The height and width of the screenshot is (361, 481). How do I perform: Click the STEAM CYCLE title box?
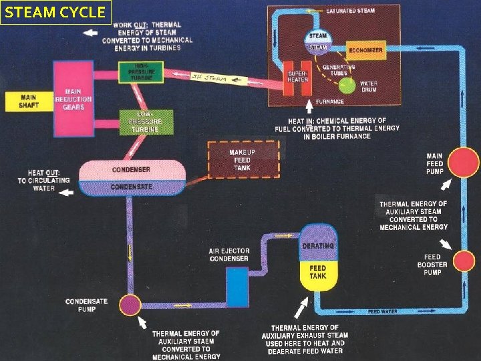(x=55, y=12)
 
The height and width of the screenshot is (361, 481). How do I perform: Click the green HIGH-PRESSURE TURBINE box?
(x=141, y=72)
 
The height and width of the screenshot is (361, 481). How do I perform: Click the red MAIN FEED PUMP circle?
(x=463, y=162)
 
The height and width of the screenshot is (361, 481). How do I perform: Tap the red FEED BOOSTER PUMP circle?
(x=462, y=259)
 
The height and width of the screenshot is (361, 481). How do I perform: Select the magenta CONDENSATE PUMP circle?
(x=130, y=306)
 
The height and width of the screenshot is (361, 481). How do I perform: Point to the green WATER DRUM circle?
(x=347, y=85)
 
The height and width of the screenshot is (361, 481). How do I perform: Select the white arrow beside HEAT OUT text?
(x=66, y=193)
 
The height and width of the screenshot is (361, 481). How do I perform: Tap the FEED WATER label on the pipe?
(x=383, y=312)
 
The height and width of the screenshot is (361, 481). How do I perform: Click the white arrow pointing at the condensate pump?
(x=144, y=323)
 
